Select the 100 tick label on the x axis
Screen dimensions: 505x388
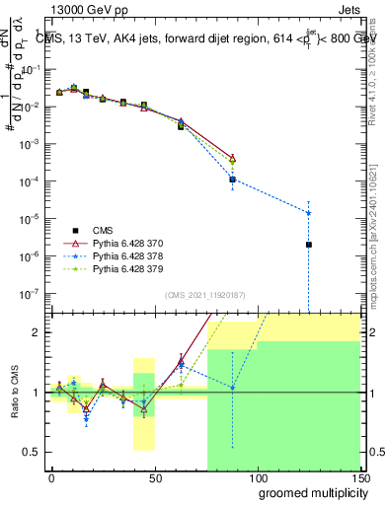257,475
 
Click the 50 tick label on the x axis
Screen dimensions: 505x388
154,475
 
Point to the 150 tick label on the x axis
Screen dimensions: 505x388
358,475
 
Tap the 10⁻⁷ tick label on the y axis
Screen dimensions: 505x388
33,293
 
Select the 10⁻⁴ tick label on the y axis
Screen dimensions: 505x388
33,181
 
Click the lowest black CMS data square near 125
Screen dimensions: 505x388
309,245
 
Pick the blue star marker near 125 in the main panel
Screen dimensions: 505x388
309,213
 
